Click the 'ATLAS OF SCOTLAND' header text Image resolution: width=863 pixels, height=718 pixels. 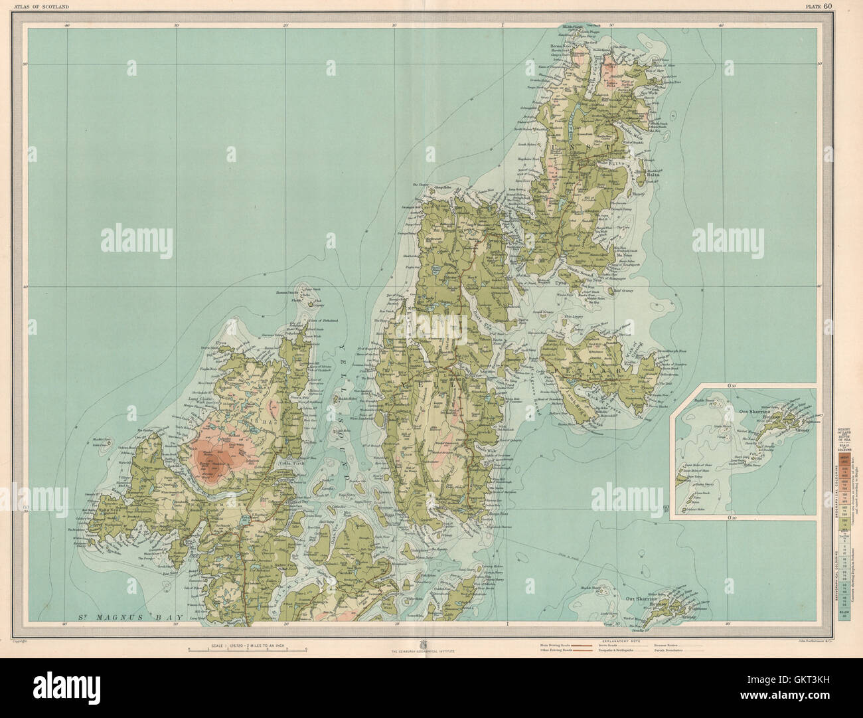tap(42, 7)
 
